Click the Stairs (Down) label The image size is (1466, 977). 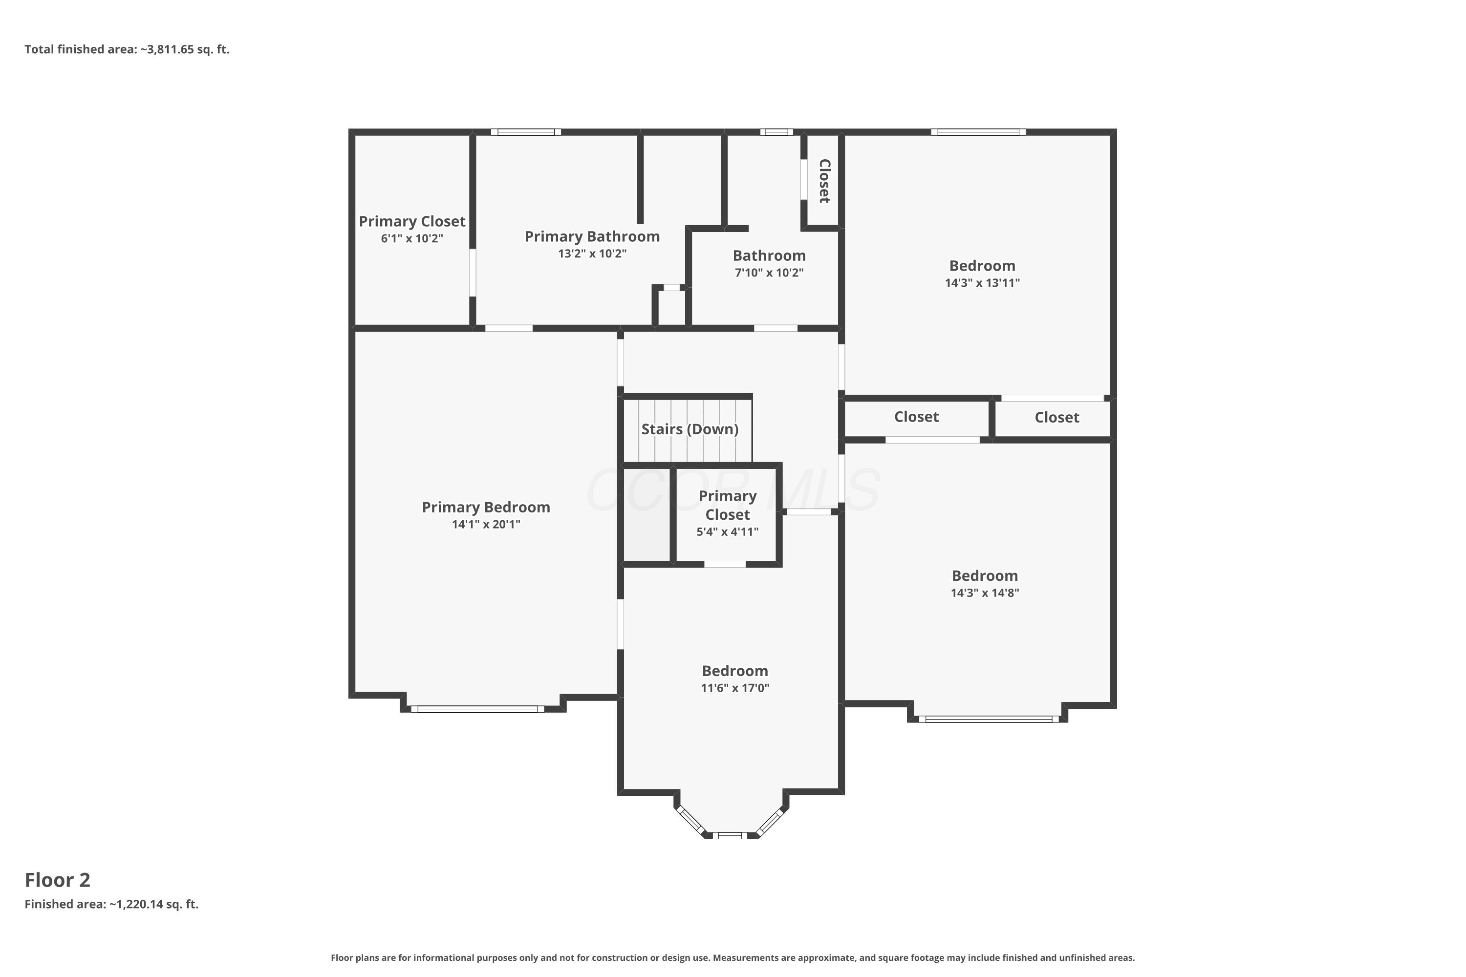[x=690, y=429]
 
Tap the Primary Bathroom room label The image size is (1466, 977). [x=592, y=237]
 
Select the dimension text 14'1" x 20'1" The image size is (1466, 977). [x=486, y=525]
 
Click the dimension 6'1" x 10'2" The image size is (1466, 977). [x=412, y=239]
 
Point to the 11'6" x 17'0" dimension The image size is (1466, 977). [x=735, y=688]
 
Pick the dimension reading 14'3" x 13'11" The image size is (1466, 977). [x=982, y=283]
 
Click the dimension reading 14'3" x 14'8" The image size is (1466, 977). [x=985, y=593]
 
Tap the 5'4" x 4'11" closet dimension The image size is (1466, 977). [x=728, y=532]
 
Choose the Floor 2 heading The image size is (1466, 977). [x=57, y=880]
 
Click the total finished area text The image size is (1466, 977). [x=127, y=49]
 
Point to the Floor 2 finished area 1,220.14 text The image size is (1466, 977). [x=111, y=904]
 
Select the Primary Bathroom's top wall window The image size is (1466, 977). [x=526, y=132]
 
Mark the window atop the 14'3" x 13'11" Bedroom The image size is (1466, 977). [x=979, y=132]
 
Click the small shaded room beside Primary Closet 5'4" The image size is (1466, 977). [x=647, y=515]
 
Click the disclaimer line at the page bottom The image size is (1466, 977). [x=733, y=957]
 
